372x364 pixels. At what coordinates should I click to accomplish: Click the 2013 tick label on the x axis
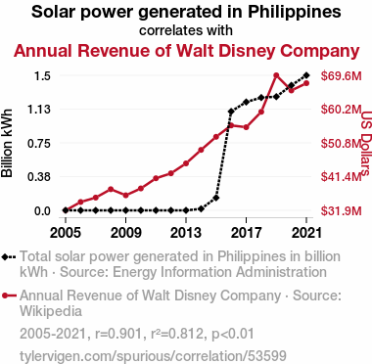pos(186,233)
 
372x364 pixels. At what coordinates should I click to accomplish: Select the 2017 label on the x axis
pos(246,233)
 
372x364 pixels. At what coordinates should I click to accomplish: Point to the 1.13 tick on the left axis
pos(39,110)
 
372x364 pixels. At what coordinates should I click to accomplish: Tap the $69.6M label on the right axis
pos(342,76)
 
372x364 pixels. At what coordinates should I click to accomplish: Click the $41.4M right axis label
pos(342,177)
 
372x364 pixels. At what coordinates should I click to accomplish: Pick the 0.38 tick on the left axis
pos(39,177)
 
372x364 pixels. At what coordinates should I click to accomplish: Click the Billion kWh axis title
pos(7,143)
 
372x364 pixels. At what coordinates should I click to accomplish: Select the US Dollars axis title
pos(366,143)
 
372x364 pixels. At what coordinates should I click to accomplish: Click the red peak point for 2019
pos(276,75)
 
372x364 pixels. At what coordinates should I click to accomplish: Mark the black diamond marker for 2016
pos(231,112)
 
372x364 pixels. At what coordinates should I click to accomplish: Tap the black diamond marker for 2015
pos(216,198)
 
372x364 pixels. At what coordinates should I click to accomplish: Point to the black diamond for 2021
pos(306,75)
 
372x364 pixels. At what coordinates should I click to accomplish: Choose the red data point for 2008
pos(111,189)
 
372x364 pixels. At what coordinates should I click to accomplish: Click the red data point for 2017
pos(246,127)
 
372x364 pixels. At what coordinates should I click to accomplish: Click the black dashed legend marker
pos(9,256)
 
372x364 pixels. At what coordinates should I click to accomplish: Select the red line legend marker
pos(9,296)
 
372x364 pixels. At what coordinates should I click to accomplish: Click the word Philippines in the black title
pos(295,12)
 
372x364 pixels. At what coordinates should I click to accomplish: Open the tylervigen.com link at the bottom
pos(153,356)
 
